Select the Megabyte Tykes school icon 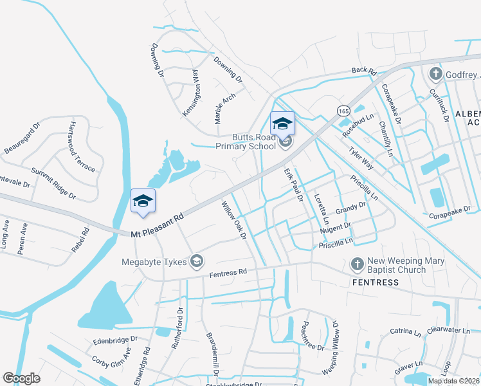pyautogui.click(x=197, y=261)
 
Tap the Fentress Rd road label pyautogui.click(x=228, y=273)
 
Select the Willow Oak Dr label pyautogui.click(x=235, y=221)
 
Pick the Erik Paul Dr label pyautogui.click(x=293, y=185)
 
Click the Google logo pyautogui.click(x=21, y=378)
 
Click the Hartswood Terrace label pyautogui.click(x=83, y=147)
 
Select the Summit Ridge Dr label pyautogui.click(x=53, y=183)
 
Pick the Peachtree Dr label pyautogui.click(x=313, y=336)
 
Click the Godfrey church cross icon pyautogui.click(x=435, y=73)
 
